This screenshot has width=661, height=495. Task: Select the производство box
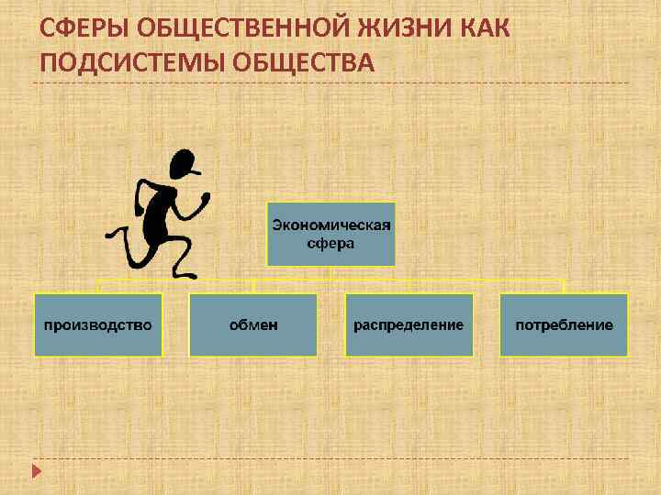point(98,324)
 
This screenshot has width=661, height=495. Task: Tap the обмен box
point(252,324)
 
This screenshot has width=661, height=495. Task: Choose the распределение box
point(409,324)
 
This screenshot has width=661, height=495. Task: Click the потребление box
point(564,324)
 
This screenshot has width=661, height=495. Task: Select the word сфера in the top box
point(330,243)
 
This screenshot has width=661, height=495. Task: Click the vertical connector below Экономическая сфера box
point(330,272)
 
